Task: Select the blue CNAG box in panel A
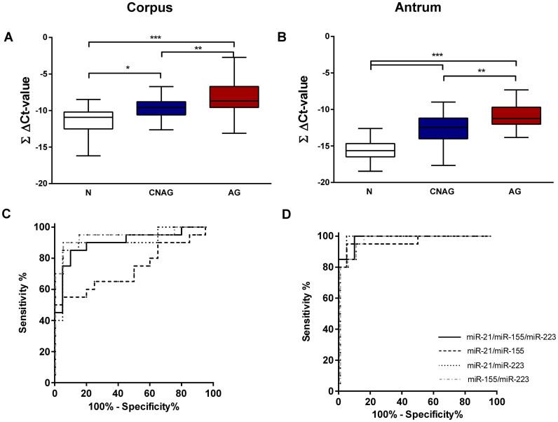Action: pos(161,108)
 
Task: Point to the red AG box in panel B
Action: pos(516,116)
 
